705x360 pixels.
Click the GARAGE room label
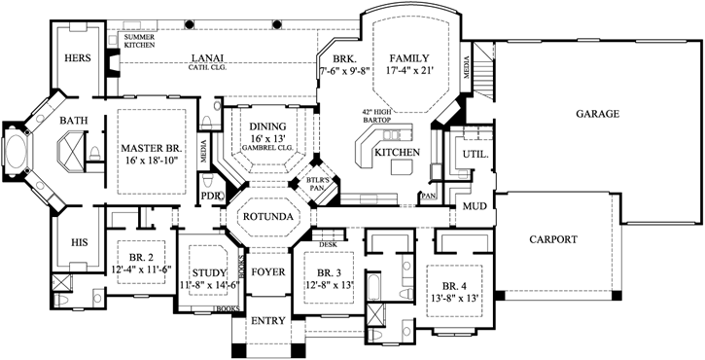click(x=597, y=114)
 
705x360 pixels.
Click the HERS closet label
click(x=78, y=57)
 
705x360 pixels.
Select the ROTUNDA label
click(x=267, y=216)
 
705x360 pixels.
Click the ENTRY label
click(x=267, y=320)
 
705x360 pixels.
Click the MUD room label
click(x=475, y=206)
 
